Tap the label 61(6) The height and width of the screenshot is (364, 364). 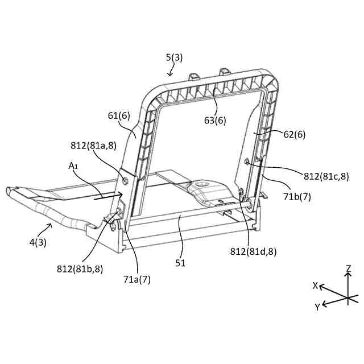click(119, 115)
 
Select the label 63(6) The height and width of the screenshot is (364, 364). click(216, 120)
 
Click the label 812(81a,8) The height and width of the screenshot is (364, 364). click(94, 146)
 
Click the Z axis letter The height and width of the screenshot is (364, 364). click(348, 267)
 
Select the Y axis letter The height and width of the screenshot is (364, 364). click(316, 307)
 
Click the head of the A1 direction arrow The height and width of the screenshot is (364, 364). click(122, 193)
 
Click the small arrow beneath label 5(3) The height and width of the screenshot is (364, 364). click(171, 72)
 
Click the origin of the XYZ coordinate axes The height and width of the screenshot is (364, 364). click(347, 297)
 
